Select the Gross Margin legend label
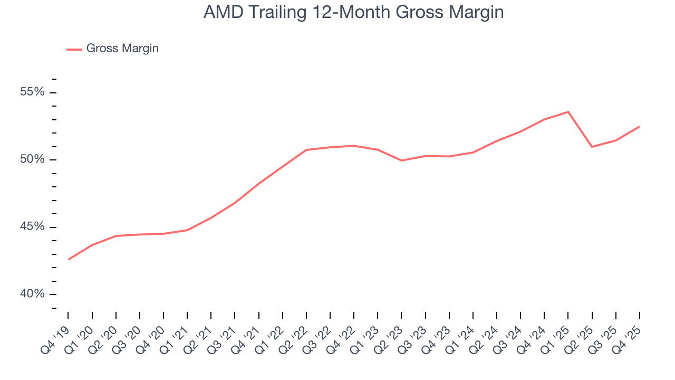coord(122,49)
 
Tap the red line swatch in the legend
coord(74,49)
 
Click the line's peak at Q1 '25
coord(568,112)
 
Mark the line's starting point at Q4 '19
coord(69,259)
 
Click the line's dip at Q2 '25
coord(592,147)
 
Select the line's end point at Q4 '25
coord(639,127)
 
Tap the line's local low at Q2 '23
coord(401,160)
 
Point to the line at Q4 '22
coord(354,146)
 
